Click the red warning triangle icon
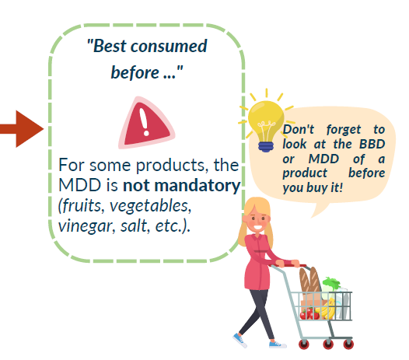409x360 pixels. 146,124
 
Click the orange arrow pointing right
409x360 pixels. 22,129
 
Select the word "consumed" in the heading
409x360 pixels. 169,46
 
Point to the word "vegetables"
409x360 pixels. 151,206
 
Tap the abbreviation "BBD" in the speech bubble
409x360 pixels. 372,144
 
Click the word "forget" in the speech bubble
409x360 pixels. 344,130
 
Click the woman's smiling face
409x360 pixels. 257,221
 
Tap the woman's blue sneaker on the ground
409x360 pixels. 278,344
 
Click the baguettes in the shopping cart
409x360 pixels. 310,281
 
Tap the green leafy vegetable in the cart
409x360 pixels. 330,284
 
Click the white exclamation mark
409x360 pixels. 144,122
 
